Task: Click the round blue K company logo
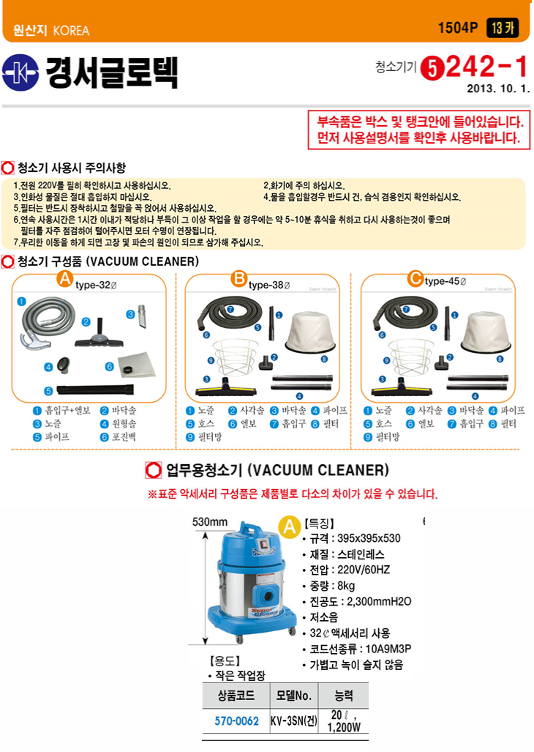tap(20, 72)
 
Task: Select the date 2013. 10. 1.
tap(498, 89)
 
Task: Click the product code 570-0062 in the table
tap(236, 721)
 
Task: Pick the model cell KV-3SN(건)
tap(294, 721)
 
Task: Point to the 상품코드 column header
tap(236, 696)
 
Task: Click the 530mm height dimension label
tap(210, 522)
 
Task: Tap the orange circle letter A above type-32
tap(64, 278)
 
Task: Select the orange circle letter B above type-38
tap(238, 278)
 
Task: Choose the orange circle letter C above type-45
tap(415, 278)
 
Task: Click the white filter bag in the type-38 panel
tap(310, 332)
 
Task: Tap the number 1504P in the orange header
tap(458, 28)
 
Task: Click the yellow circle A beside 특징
tap(289, 527)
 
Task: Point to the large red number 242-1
tap(486, 67)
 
